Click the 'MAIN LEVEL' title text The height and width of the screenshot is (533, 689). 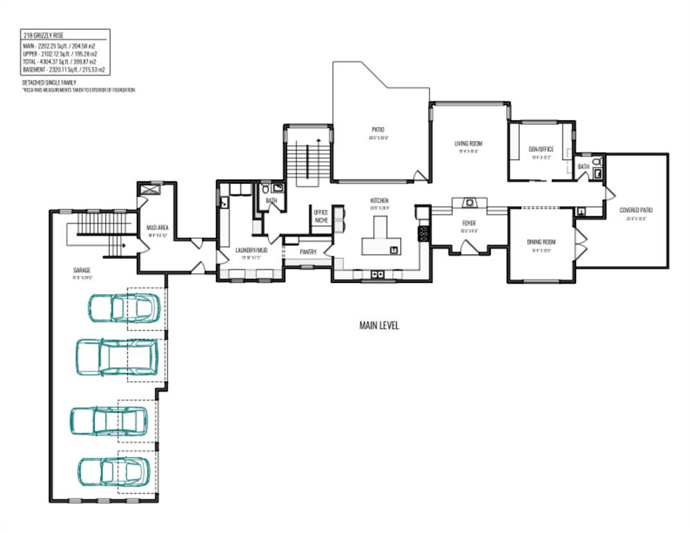click(x=379, y=325)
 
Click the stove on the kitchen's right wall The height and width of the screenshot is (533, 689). click(x=423, y=234)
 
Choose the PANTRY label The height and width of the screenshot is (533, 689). click(x=308, y=253)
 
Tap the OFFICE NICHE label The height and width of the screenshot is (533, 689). click(x=321, y=216)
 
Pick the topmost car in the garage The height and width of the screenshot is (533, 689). click(x=122, y=308)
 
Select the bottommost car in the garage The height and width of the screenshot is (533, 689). click(x=112, y=471)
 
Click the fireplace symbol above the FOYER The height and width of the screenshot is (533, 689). click(x=470, y=203)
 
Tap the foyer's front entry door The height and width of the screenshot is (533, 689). click(x=469, y=246)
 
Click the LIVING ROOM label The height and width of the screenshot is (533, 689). click(x=468, y=144)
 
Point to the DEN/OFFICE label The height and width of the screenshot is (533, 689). click(x=541, y=149)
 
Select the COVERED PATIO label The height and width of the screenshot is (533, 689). click(x=636, y=210)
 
